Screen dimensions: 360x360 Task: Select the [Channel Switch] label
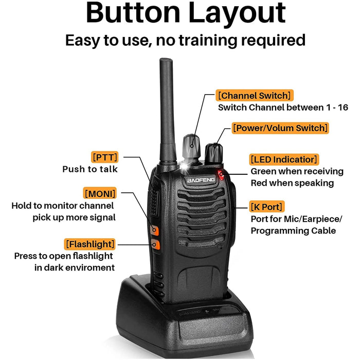tap(255, 95)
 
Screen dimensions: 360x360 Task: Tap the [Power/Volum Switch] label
tap(280, 128)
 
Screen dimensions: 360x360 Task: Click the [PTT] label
tap(105, 157)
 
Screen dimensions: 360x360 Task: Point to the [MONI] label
tap(100, 193)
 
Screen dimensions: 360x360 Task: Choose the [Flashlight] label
tap(90, 243)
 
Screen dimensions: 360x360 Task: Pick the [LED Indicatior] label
tap(284, 159)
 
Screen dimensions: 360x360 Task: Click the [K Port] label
tap(266, 207)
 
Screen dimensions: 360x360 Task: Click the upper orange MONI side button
tap(154, 230)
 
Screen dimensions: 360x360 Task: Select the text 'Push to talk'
tap(90, 169)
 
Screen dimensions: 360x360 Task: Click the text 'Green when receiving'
tap(297, 171)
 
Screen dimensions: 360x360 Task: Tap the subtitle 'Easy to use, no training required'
tap(185, 40)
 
